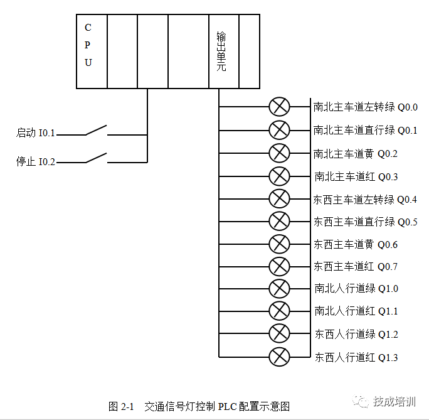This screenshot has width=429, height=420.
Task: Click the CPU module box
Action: coord(92,51)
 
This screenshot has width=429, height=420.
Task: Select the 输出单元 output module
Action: coord(223,51)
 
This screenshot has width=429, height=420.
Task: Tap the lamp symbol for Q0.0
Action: coord(279,107)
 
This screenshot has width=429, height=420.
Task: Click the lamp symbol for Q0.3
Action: coord(279,176)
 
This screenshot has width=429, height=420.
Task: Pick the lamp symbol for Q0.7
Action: coord(279,266)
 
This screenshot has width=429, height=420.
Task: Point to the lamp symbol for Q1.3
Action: coord(279,357)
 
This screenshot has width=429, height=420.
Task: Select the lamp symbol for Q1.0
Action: coord(279,289)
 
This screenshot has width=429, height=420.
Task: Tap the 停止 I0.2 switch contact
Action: coord(96,159)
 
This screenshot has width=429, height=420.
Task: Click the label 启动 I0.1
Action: coord(36,134)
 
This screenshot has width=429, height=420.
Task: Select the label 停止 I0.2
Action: coord(36,162)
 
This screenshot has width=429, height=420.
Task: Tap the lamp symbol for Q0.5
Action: coord(279,221)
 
